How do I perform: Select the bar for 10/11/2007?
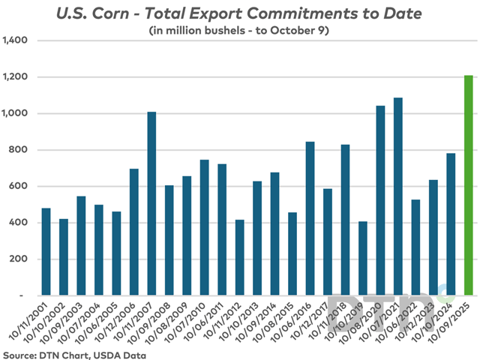point(151,203)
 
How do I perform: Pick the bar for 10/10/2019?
point(363,258)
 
